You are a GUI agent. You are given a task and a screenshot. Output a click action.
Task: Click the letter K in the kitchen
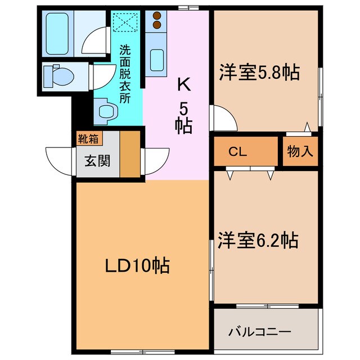click(x=183, y=85)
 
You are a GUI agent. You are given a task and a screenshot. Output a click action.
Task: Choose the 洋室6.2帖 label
click(x=258, y=240)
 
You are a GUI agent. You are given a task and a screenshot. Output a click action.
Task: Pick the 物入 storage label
click(x=300, y=152)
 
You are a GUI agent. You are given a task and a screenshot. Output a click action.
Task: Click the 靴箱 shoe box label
click(x=86, y=136)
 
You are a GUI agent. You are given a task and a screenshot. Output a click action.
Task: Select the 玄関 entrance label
click(x=94, y=161)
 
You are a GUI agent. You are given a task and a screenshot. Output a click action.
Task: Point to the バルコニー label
click(x=259, y=331)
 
